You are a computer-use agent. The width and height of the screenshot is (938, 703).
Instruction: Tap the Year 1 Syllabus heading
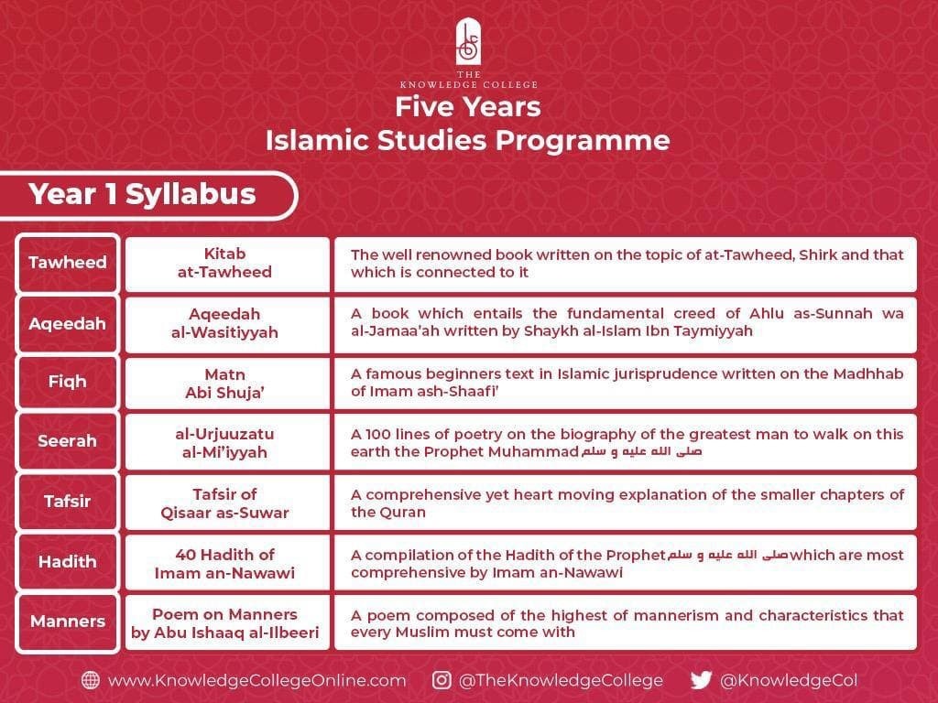pyautogui.click(x=142, y=194)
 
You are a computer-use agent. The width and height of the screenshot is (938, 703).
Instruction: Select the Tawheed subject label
pyautogui.click(x=68, y=263)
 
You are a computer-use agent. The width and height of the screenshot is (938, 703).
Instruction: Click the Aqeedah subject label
pyautogui.click(x=68, y=323)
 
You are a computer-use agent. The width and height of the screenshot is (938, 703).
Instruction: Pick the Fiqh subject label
pyautogui.click(x=68, y=382)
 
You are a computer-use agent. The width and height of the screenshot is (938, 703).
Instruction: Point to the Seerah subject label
pyautogui.click(x=68, y=441)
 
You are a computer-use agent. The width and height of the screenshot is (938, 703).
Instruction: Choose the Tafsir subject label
pyautogui.click(x=68, y=501)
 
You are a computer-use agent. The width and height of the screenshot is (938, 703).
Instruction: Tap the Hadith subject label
pyautogui.click(x=68, y=561)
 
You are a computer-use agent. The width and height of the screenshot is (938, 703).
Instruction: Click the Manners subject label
pyautogui.click(x=68, y=621)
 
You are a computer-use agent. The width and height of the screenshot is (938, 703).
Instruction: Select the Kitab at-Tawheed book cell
pyautogui.click(x=226, y=263)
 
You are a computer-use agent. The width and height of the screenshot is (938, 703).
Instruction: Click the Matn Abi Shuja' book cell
pyautogui.click(x=226, y=382)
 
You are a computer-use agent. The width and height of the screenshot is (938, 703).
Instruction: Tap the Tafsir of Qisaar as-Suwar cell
pyautogui.click(x=226, y=503)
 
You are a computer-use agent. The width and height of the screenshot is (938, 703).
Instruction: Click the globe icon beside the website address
pyautogui.click(x=91, y=680)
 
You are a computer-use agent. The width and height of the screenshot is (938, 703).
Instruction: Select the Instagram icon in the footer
pyautogui.click(x=442, y=680)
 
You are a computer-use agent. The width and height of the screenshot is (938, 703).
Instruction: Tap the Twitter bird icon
pyautogui.click(x=701, y=680)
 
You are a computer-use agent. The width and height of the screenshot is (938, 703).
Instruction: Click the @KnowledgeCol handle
pyautogui.click(x=788, y=680)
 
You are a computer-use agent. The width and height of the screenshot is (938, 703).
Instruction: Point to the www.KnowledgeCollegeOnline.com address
pyautogui.click(x=256, y=680)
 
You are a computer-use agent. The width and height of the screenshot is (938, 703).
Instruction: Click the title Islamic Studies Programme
pyautogui.click(x=467, y=141)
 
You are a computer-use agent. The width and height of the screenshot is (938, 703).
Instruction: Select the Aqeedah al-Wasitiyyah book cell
pyautogui.click(x=226, y=323)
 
